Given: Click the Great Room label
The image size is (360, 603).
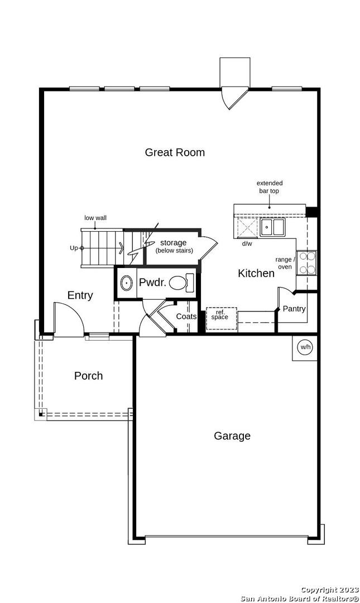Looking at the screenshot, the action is pos(175,152).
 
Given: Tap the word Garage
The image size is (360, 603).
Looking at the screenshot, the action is pos(232,435).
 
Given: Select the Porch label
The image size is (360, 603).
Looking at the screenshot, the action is pos(88,376).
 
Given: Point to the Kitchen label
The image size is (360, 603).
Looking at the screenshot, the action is pos(256,273).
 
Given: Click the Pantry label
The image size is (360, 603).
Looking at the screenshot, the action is pos(294,308).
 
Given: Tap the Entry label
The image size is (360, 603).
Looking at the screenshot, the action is pos(80,295).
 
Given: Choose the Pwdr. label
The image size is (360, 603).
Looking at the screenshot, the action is pos(153,283).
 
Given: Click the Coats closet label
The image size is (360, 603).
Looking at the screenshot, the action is pos(186,317).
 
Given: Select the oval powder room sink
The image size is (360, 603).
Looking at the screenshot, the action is pos(126,284).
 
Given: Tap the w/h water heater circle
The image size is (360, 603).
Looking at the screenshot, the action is pos(305,347).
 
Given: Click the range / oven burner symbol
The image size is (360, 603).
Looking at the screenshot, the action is pos(306,262).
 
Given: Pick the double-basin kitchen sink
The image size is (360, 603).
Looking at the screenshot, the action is pos(272,227).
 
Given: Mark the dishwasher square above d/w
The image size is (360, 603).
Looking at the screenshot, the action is pos(247,228).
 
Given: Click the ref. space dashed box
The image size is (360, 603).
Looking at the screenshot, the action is pos(221,319).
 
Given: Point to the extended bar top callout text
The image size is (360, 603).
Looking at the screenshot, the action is pos(269,187).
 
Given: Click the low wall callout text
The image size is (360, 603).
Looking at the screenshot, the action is pos(95,218).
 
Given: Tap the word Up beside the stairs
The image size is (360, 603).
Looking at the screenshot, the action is pos(74,248).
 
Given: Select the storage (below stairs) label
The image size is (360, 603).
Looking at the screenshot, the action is pos(174,246).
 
